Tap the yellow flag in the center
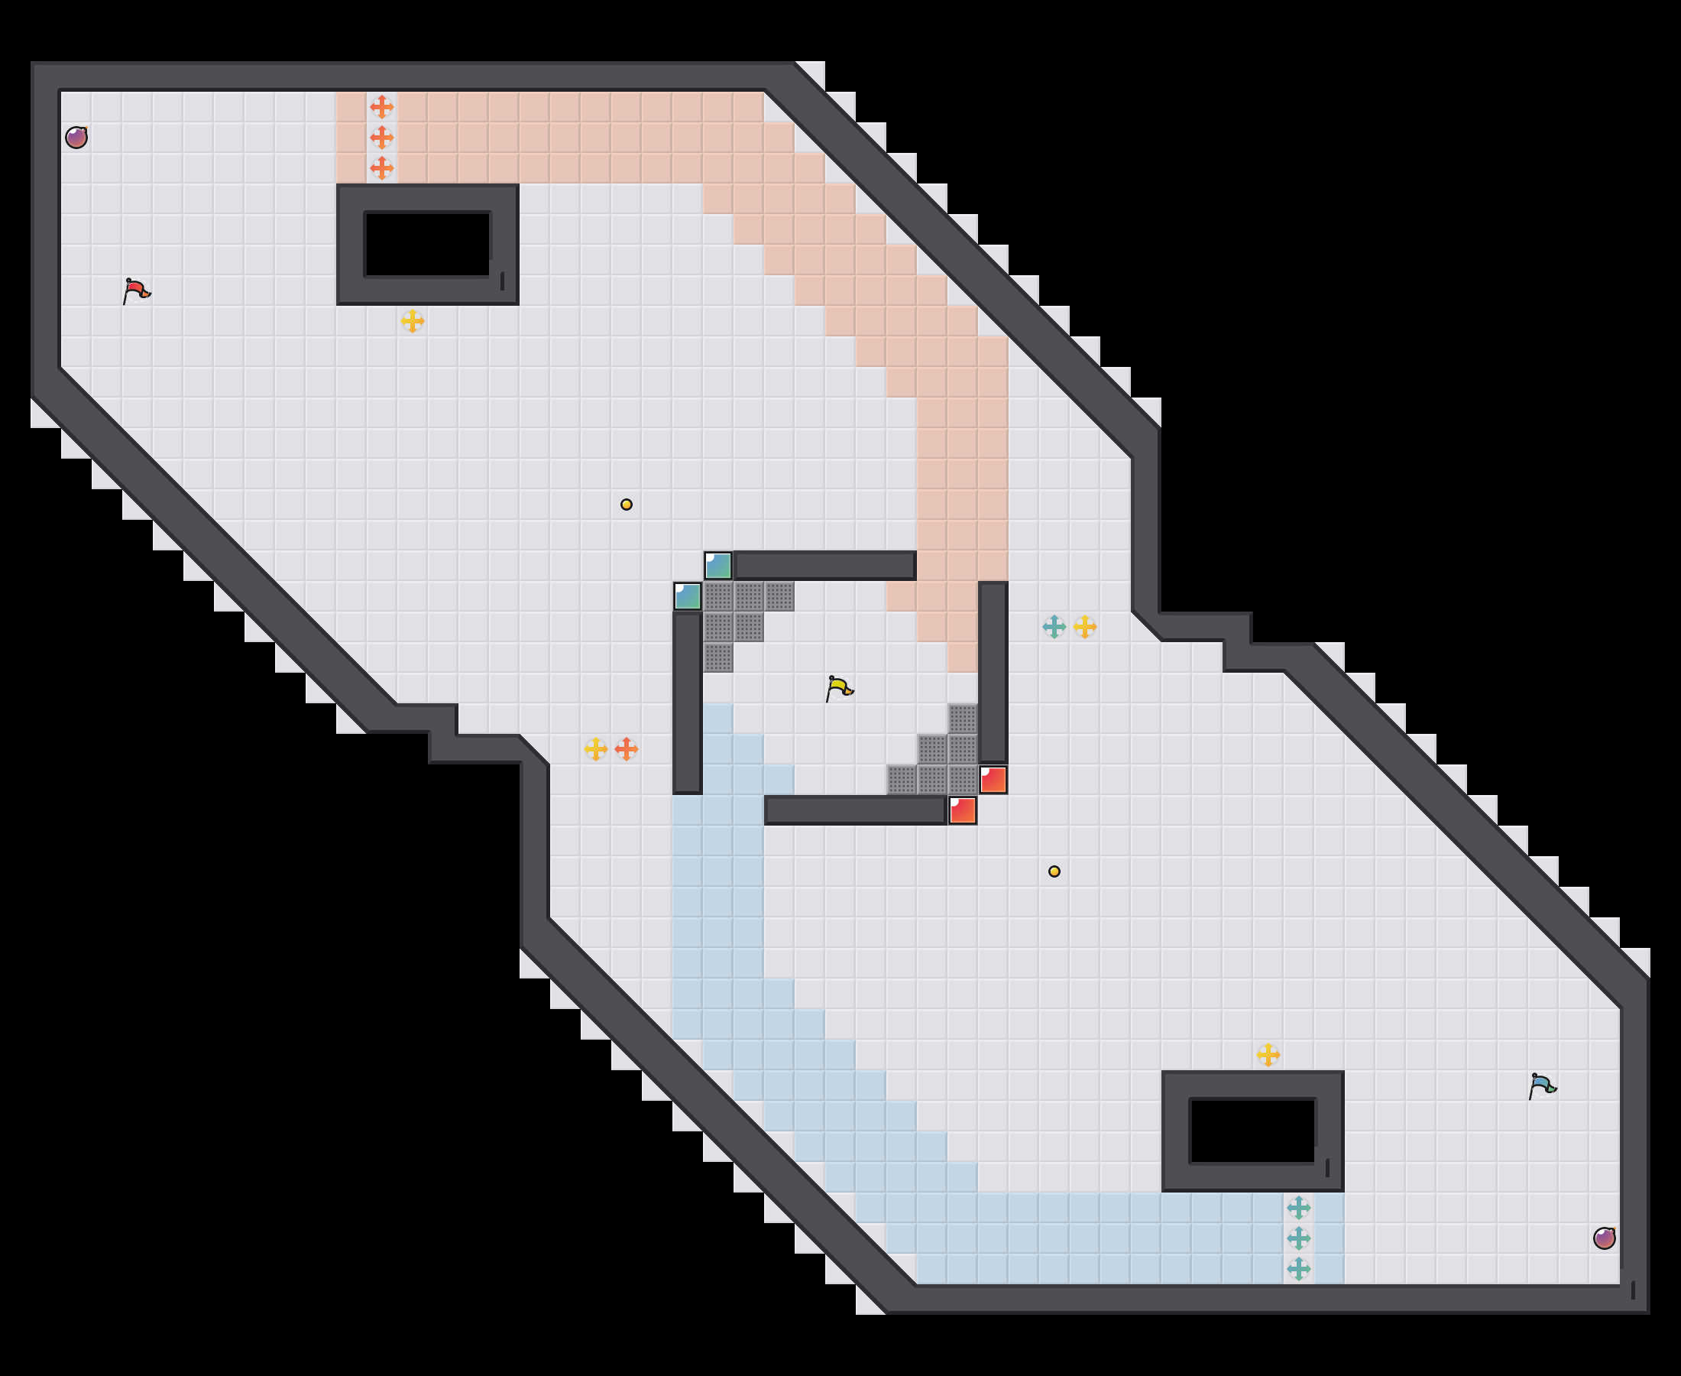839,687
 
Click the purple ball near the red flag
76,137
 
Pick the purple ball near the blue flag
1604,1238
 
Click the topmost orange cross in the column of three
382,106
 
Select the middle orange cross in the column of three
382,137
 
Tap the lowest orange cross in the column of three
382,167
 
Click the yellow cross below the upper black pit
412,320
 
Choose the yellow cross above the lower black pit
1268,1054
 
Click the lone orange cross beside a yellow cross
626,748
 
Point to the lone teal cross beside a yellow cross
1054,626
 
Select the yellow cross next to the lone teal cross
1084,626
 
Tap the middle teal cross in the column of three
1298,1238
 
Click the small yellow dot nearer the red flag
626,504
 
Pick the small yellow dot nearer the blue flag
1054,871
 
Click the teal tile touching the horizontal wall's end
717,565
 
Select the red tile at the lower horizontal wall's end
963,810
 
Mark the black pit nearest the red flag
427,244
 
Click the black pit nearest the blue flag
1252,1131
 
